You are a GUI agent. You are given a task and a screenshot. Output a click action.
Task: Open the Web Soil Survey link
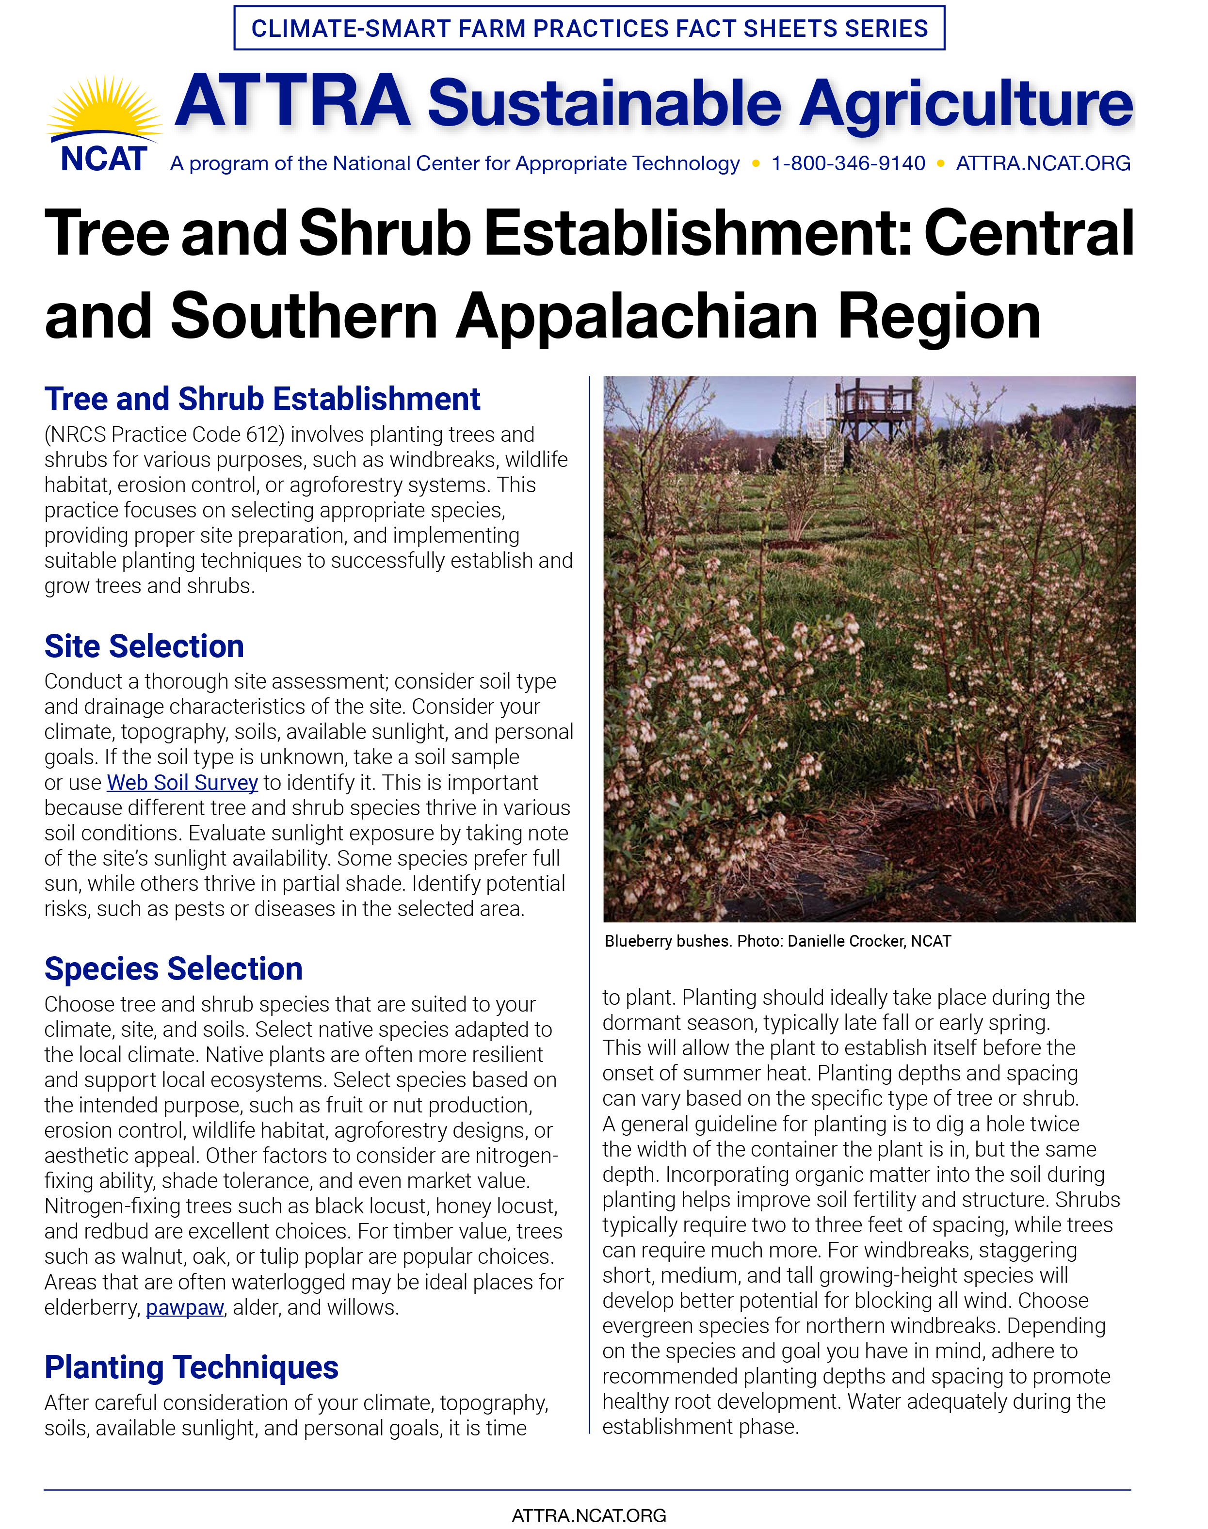(182, 783)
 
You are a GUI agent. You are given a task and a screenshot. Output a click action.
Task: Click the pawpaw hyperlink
(185, 1308)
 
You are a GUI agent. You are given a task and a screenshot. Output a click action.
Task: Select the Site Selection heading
(145, 646)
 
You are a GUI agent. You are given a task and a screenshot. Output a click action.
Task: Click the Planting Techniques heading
(191, 1367)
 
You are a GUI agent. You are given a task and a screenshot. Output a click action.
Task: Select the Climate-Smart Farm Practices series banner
(589, 28)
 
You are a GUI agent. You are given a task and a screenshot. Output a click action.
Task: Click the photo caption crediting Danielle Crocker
(777, 941)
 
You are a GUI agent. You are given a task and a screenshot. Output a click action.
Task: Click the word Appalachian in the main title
(637, 317)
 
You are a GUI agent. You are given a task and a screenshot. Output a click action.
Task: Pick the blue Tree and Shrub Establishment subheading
(262, 399)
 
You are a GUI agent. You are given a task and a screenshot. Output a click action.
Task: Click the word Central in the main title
(1029, 233)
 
